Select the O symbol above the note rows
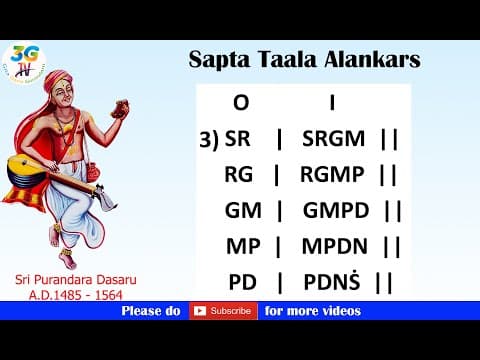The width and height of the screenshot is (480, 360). (240, 103)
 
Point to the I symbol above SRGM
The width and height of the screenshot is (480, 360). (331, 103)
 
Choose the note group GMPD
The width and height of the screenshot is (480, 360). (335, 211)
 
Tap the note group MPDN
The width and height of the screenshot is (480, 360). (335, 247)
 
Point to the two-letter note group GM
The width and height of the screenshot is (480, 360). (240, 211)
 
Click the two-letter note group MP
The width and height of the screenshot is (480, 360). (240, 247)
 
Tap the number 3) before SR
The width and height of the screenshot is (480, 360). (209, 140)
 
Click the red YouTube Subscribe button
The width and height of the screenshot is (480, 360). (221, 311)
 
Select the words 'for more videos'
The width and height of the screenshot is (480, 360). (312, 311)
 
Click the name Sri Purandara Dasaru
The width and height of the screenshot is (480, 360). (66, 280)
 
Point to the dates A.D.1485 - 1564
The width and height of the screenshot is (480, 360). (66, 295)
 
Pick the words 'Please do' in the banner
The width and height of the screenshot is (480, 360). (151, 311)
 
